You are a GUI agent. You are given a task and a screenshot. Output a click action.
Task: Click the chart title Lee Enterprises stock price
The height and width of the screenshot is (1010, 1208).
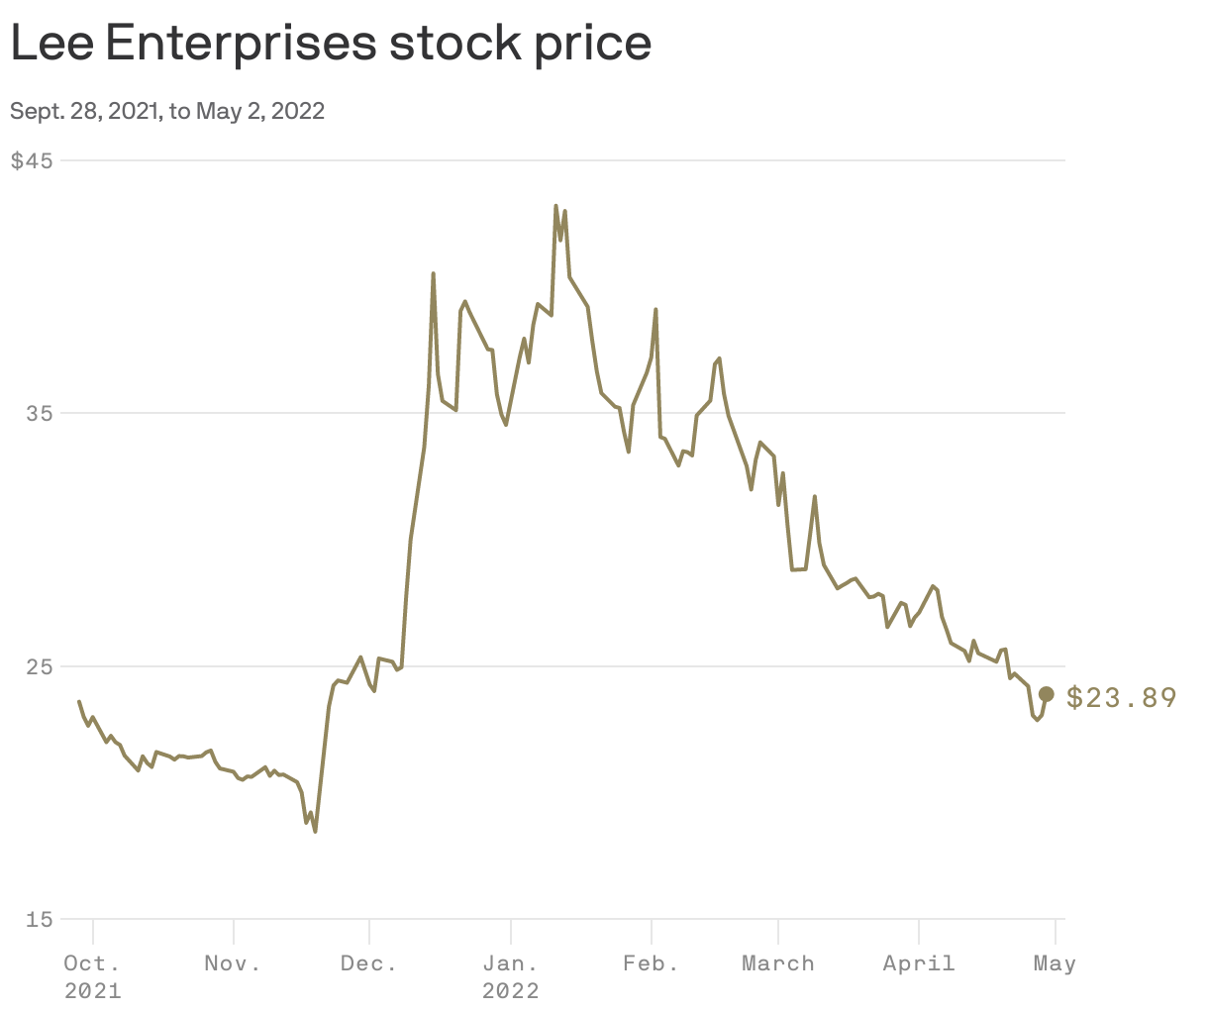pyautogui.click(x=331, y=44)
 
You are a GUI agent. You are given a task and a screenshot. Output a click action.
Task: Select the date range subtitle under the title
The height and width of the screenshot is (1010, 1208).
pyautogui.click(x=167, y=111)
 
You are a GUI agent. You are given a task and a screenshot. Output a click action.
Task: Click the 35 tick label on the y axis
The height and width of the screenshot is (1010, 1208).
pyautogui.click(x=39, y=414)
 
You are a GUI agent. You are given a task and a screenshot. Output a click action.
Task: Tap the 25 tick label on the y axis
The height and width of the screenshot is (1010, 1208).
pyautogui.click(x=39, y=666)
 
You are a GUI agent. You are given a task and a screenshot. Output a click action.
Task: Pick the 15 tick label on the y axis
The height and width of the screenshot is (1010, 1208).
pyautogui.click(x=39, y=920)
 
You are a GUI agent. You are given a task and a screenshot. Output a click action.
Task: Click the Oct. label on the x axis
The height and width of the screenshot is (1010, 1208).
pyautogui.click(x=92, y=963)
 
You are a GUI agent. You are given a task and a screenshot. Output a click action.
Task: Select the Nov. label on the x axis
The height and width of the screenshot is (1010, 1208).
pyautogui.click(x=233, y=963)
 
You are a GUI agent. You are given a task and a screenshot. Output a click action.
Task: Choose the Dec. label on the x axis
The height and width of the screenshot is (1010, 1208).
pyautogui.click(x=368, y=963)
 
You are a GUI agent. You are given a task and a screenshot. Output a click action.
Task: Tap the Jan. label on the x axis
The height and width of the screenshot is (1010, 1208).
pyautogui.click(x=510, y=963)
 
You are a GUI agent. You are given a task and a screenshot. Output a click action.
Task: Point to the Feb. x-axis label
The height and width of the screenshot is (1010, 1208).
pyautogui.click(x=651, y=963)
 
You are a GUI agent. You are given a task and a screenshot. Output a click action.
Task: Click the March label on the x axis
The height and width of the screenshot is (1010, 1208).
pyautogui.click(x=778, y=963)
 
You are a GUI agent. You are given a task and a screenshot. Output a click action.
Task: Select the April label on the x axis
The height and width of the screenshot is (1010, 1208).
pyautogui.click(x=919, y=963)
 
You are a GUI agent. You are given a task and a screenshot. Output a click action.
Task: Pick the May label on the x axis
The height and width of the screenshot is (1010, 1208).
pyautogui.click(x=1055, y=963)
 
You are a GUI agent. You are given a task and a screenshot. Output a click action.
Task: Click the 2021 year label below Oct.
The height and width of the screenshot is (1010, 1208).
pyautogui.click(x=92, y=991)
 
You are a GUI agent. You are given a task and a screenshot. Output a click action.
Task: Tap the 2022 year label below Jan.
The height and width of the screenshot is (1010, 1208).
pyautogui.click(x=510, y=991)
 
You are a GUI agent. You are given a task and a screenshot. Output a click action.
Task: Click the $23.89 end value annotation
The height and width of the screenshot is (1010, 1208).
pyautogui.click(x=1122, y=698)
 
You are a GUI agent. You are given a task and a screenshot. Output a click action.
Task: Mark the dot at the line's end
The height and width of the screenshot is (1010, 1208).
pyautogui.click(x=1047, y=694)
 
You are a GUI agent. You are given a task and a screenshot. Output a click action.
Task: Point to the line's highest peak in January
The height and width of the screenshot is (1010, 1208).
pyautogui.click(x=555, y=206)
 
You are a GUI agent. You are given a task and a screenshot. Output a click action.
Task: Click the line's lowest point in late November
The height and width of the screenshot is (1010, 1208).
pyautogui.click(x=315, y=831)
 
